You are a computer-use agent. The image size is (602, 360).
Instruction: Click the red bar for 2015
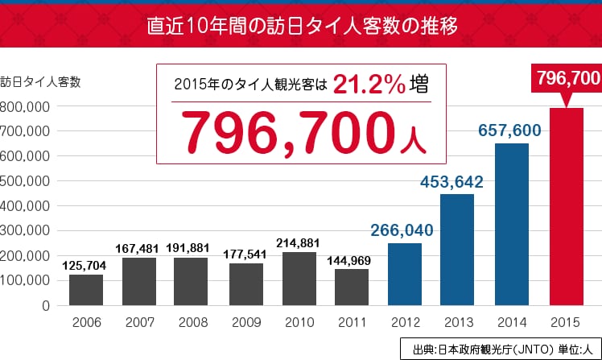(x=567, y=207)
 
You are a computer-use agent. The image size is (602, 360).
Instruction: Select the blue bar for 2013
(x=457, y=250)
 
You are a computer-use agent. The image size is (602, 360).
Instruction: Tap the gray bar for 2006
(x=86, y=290)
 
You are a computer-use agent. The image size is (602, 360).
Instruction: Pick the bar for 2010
(x=299, y=279)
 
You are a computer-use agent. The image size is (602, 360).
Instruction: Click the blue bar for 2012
(x=405, y=275)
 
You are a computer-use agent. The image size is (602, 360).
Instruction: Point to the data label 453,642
(x=451, y=182)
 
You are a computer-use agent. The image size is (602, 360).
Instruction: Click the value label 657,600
(x=509, y=130)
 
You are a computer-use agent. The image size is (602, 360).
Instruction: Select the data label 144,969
(x=348, y=261)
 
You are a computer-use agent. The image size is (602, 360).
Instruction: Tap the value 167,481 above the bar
(x=137, y=249)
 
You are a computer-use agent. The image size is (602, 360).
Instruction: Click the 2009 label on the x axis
(x=246, y=322)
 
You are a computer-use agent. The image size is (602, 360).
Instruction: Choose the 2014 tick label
(x=512, y=322)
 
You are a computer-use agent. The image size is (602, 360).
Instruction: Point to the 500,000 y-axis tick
(x=25, y=181)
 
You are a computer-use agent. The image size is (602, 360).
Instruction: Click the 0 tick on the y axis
(x=46, y=306)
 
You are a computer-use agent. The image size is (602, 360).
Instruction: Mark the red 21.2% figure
(x=369, y=84)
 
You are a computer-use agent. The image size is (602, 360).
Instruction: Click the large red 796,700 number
(x=288, y=133)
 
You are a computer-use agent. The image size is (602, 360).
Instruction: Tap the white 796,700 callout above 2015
(x=568, y=78)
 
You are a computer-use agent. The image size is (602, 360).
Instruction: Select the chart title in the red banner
(x=302, y=26)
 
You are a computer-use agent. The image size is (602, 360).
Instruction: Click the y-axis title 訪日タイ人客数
(x=40, y=82)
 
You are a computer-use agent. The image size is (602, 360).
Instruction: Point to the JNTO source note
(x=502, y=350)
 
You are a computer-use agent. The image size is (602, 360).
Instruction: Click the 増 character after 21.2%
(x=419, y=84)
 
